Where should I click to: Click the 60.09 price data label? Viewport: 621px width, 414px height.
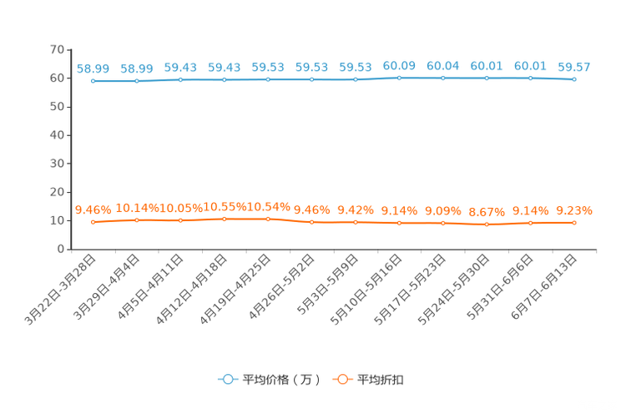point(399,66)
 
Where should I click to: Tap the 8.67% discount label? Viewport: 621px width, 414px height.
point(487,212)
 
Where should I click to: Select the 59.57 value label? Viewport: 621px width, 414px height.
point(574,67)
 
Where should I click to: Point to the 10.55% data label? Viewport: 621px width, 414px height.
point(225,207)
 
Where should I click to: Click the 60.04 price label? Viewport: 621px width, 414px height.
point(442,66)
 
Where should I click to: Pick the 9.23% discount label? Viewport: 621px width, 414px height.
point(574,210)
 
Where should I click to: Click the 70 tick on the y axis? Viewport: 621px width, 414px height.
point(57,49)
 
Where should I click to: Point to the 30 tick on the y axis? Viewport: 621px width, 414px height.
point(57,164)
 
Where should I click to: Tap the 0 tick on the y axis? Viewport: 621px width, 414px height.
point(61,249)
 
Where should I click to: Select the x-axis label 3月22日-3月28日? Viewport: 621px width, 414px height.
point(60,290)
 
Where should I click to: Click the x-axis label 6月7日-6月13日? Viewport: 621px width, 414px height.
point(543,287)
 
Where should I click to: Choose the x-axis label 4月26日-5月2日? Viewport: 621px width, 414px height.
point(281,287)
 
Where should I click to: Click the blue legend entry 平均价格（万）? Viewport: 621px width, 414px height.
point(269,380)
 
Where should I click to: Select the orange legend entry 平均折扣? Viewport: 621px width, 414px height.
point(368,380)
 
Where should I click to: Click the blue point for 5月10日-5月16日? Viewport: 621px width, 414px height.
point(399,78)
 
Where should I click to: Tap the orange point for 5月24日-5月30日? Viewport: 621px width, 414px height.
point(487,225)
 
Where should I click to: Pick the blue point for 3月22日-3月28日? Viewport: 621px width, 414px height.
point(93,81)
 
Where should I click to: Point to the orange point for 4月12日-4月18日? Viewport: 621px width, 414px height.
point(225,219)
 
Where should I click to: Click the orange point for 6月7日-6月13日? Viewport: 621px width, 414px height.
point(574,223)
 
